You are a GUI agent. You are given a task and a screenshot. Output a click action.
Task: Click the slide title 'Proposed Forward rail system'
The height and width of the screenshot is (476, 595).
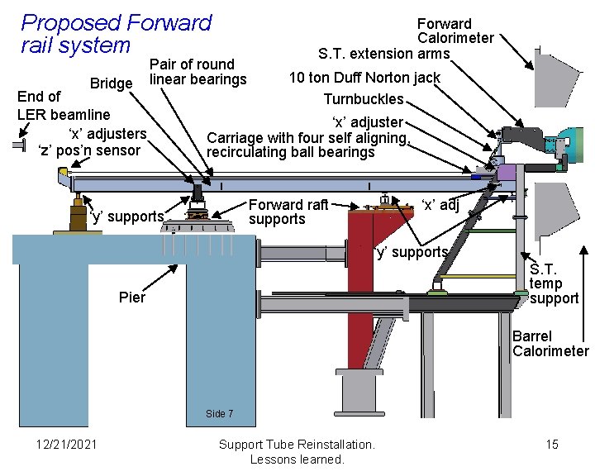tap(116, 34)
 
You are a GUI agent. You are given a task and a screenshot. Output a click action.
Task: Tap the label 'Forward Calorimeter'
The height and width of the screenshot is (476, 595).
tap(455, 31)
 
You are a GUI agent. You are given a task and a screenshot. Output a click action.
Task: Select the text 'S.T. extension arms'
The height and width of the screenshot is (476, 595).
tap(384, 54)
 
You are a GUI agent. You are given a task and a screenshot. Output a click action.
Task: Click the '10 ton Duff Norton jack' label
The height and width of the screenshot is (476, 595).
tap(364, 78)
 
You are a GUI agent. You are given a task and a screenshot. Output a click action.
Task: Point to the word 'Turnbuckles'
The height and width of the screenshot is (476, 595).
tap(364, 99)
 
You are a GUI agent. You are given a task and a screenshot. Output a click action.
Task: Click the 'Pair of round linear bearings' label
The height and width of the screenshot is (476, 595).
tap(198, 72)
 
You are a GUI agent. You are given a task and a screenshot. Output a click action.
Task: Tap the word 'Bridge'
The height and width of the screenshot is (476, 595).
tap(112, 83)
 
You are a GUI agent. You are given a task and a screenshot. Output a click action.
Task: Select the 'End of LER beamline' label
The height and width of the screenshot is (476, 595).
tap(63, 104)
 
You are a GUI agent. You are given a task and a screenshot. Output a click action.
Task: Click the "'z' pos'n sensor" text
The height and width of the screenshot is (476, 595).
tap(89, 150)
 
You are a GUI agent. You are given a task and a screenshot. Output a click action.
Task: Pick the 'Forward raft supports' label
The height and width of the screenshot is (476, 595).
tap(288, 212)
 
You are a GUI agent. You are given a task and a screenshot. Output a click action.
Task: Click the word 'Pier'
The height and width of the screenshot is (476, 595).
tap(132, 297)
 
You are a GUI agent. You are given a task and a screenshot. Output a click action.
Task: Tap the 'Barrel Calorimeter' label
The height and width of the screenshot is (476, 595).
tap(550, 344)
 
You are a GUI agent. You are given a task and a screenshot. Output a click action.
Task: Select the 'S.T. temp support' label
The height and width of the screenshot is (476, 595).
tap(554, 283)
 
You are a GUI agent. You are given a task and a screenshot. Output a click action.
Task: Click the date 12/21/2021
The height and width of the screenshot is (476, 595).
tap(66, 445)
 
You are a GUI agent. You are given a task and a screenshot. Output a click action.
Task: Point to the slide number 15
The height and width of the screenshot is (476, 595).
tap(552, 445)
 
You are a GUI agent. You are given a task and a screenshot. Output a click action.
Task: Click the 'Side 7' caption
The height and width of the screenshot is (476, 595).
tap(219, 413)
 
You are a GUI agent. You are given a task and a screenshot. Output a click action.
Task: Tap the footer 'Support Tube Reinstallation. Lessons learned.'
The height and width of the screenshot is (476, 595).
tap(297, 451)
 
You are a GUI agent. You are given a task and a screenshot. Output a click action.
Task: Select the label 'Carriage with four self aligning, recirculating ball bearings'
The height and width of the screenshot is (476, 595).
tap(307, 145)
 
